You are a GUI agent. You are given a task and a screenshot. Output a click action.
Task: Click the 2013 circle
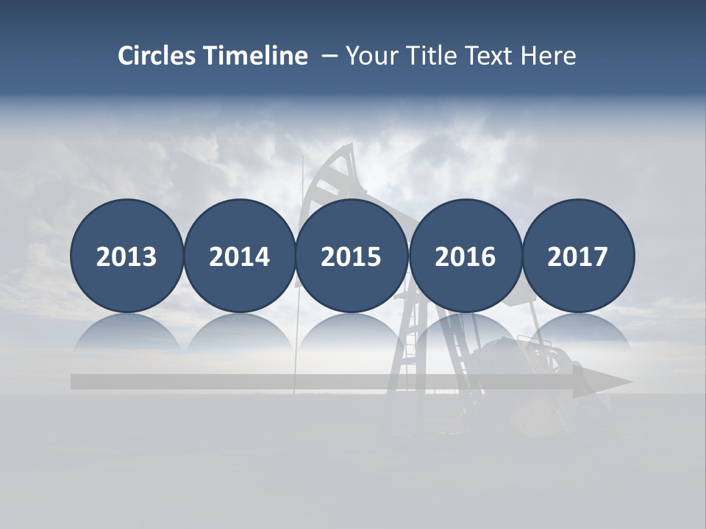click(x=126, y=256)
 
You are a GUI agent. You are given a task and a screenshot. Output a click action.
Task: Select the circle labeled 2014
click(x=239, y=256)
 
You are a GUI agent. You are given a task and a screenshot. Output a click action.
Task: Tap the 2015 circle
click(x=352, y=256)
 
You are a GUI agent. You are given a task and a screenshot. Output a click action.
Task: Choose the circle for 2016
click(x=465, y=256)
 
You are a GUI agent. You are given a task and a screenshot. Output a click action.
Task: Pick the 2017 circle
click(x=577, y=256)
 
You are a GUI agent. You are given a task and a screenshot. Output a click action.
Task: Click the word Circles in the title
click(x=157, y=56)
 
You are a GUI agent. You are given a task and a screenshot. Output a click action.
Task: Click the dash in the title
click(x=329, y=56)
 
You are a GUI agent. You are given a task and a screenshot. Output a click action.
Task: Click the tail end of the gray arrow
click(x=77, y=382)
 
